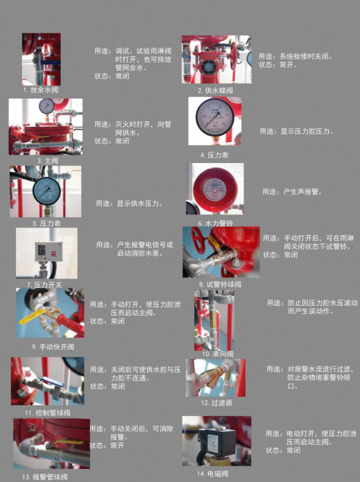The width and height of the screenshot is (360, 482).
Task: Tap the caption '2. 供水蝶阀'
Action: [215, 90]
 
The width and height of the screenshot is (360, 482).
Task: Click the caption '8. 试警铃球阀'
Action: [220, 284]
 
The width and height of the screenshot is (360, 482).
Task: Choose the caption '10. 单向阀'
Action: [216, 354]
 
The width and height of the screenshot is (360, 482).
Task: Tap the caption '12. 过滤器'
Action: [216, 402]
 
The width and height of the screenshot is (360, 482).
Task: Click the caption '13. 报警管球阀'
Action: [46, 476]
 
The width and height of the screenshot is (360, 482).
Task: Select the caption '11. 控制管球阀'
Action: [47, 412]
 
